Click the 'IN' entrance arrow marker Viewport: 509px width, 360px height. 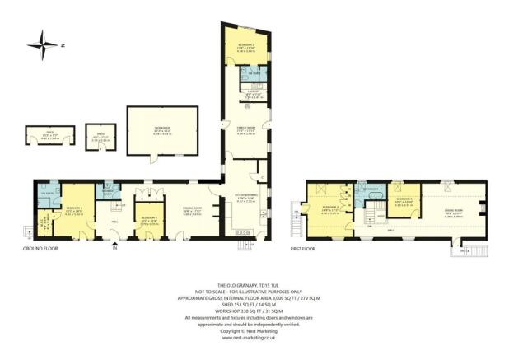pos(115,247)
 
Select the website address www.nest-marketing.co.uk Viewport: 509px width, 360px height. pos(254,336)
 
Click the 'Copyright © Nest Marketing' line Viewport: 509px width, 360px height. pos(254,330)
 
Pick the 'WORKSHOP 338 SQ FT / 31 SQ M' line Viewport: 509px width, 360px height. pos(254,310)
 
